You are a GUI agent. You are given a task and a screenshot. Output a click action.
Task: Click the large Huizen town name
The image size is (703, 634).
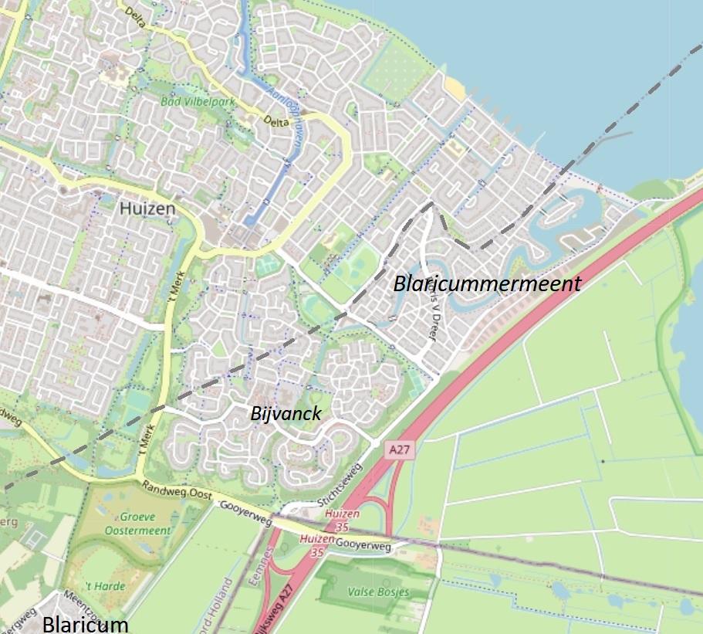pos(148,209)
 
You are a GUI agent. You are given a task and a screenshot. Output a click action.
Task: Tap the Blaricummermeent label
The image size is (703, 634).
pos(487,283)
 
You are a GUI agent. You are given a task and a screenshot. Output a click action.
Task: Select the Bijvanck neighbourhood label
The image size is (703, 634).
pos(286,414)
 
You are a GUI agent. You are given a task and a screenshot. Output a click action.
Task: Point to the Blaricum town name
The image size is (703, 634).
pos(85,624)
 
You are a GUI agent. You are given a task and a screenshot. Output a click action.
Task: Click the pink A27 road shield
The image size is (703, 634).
pos(397,449)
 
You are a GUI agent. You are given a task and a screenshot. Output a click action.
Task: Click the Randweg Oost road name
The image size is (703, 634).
pos(176,492)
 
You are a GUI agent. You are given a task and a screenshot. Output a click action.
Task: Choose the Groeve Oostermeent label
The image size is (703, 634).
pos(137,523)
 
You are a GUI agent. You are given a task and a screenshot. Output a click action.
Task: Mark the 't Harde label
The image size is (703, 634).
pos(105,586)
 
